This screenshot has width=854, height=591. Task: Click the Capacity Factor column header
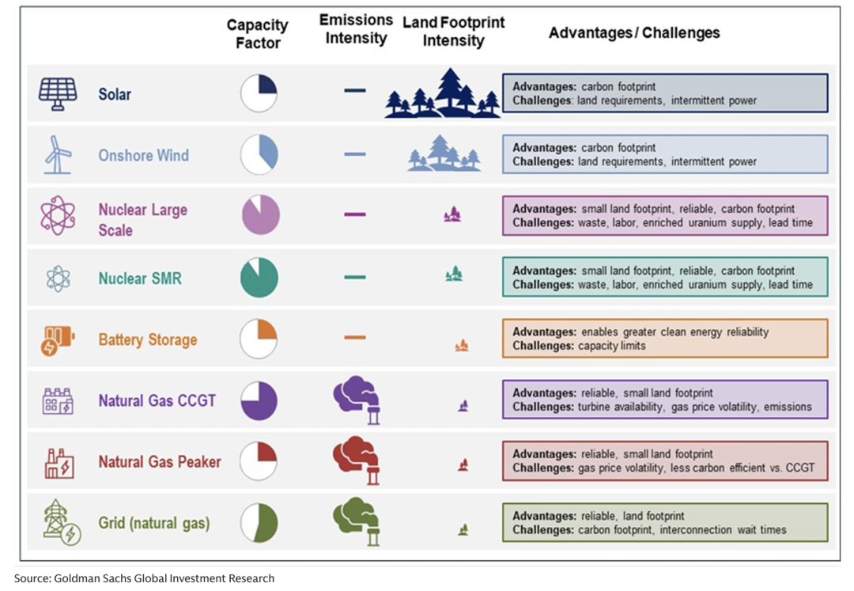(258, 34)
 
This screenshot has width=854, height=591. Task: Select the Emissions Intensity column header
(356, 28)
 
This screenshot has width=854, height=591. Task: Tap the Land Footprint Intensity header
(453, 32)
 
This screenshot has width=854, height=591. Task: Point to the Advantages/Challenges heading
(634, 32)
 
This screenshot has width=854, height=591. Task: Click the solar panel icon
(58, 94)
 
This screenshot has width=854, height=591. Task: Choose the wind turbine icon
(58, 155)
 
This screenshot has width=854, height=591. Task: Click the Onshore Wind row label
(143, 155)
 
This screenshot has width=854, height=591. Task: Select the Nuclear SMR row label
(139, 278)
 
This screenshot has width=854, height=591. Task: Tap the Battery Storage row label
(147, 339)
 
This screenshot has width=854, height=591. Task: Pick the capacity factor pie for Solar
(259, 93)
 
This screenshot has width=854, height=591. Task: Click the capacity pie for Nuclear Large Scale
(260, 215)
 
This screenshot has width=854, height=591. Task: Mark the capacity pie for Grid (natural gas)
(259, 523)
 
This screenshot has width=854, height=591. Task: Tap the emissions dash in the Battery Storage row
(355, 338)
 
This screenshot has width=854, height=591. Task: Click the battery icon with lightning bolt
(57, 340)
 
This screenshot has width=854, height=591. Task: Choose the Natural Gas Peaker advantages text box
(665, 461)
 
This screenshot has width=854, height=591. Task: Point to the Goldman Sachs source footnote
(144, 578)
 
